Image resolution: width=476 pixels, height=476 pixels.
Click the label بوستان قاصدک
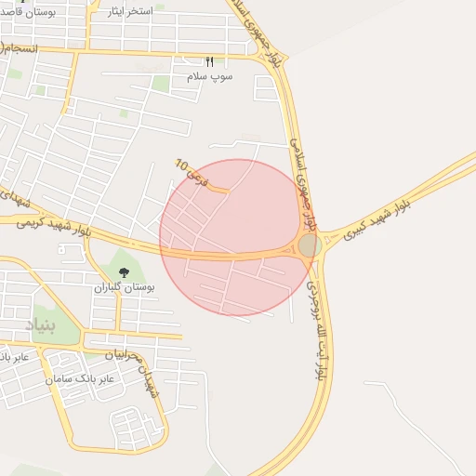point(30,12)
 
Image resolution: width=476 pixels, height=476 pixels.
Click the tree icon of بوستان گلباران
point(125,272)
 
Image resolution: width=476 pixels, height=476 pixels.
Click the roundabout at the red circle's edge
point(310,245)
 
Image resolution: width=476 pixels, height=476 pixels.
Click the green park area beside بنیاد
point(45,321)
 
